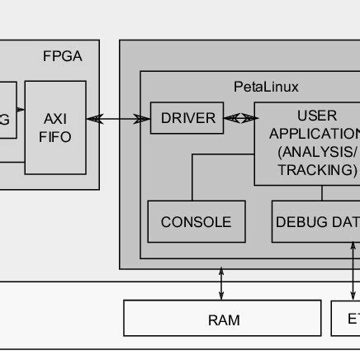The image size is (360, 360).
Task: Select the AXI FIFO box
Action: click(55, 127)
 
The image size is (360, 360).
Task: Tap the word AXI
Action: click(55, 118)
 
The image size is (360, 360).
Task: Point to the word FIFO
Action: click(55, 137)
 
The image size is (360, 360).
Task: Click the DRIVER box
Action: click(187, 119)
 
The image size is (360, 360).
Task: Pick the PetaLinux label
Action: click(266, 86)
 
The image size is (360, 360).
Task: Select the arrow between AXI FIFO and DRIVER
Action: click(118, 119)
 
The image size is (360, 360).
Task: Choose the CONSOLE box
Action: click(196, 221)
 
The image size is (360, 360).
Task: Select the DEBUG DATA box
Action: click(315, 221)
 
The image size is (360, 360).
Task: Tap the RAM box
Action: click(222, 319)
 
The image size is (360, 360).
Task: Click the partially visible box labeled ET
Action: click(346, 319)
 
